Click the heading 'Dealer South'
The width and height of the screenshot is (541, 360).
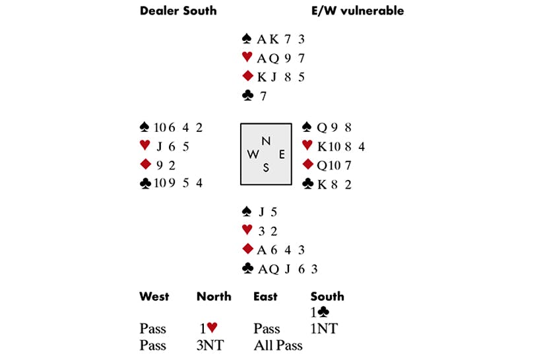178,11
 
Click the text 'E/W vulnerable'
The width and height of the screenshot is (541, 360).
357,11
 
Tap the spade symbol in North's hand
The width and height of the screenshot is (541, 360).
248,39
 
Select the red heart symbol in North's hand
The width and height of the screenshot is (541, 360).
248,57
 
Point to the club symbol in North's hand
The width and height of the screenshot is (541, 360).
248,96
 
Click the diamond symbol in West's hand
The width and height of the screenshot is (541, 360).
145,164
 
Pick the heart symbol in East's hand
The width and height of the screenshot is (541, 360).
307,145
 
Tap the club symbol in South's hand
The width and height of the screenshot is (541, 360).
248,268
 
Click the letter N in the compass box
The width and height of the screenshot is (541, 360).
265,140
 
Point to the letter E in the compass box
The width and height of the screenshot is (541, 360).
281,154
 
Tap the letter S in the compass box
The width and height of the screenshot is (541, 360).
266,167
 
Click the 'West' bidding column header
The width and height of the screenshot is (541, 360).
154,297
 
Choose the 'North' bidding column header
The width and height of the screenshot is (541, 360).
214,297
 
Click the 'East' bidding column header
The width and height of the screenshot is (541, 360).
265,297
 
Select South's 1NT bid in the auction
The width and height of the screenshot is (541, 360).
324,328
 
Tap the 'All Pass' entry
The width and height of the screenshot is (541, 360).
278,344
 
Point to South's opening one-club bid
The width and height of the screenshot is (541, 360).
321,313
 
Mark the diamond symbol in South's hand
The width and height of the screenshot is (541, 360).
248,249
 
